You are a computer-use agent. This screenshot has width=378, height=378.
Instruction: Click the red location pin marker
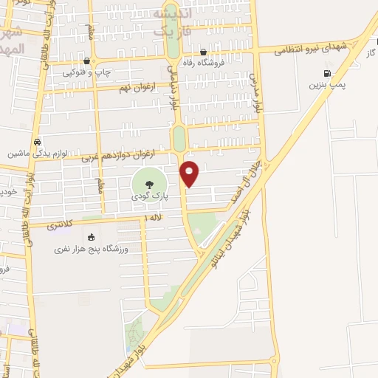click(190, 173)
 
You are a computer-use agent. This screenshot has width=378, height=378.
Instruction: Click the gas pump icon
click(327, 74)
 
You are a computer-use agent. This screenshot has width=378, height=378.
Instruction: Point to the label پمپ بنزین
click(327, 86)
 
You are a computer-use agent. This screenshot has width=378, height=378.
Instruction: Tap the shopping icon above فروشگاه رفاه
click(205, 52)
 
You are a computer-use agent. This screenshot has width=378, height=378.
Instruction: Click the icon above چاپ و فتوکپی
click(88, 61)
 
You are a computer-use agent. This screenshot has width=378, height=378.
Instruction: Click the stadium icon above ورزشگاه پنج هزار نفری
click(91, 238)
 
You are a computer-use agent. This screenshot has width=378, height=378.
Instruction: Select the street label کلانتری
click(58, 223)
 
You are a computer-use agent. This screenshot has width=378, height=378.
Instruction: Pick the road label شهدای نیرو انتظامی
click(311, 48)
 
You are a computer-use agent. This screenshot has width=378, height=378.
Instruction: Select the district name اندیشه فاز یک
click(169, 21)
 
